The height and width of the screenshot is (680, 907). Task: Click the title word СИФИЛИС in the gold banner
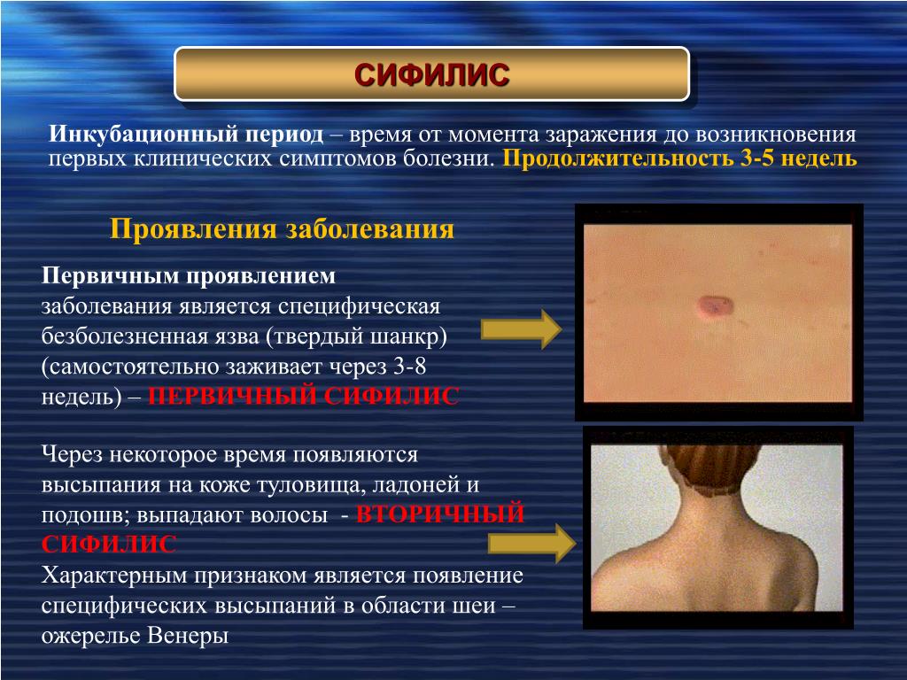pos(431,75)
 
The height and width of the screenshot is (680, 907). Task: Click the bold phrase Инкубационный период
pos(186,135)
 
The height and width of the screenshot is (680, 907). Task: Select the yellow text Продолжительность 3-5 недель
pos(679,158)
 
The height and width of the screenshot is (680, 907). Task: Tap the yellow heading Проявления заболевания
pos(282,228)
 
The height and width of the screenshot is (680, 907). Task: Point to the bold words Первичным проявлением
pos(189,276)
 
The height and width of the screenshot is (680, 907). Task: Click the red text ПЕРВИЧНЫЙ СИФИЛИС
pos(304,396)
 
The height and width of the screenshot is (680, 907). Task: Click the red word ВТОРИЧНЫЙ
pos(440,514)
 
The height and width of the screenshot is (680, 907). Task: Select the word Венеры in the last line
pos(188,636)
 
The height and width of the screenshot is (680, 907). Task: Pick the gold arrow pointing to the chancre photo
pos(521,328)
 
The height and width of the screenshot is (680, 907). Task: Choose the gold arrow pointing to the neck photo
pos(531,543)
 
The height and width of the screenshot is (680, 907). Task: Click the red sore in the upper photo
pos(716,305)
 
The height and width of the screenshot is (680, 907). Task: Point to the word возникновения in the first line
pos(776,135)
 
